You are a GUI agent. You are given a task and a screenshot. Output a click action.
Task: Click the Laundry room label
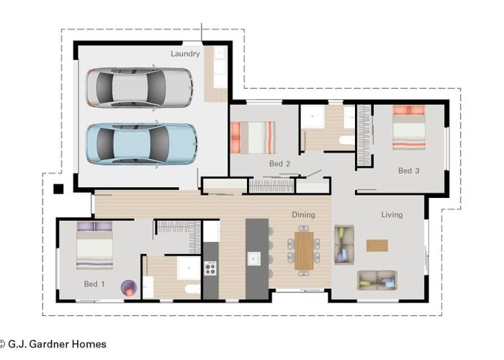click(185, 53)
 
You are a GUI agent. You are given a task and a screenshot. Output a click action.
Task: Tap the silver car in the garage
click(140, 87)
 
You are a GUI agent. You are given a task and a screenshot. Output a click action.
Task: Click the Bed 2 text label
click(279, 164)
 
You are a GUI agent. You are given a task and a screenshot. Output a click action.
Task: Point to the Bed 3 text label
click(408, 171)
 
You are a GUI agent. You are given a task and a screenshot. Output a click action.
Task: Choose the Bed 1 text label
click(94, 284)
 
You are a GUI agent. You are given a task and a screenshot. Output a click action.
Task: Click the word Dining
click(303, 215)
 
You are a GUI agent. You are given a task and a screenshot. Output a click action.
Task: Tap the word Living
click(392, 215)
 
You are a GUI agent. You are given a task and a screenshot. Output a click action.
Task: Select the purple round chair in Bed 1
click(127, 287)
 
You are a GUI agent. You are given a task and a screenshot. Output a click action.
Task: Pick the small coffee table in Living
click(377, 246)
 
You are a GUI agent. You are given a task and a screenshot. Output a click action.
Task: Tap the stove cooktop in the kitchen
click(210, 269)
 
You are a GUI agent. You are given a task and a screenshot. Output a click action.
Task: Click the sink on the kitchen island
click(254, 258)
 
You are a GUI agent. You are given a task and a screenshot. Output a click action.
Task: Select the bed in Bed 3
click(408, 127)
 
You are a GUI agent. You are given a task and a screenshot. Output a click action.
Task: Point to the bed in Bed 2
click(252, 137)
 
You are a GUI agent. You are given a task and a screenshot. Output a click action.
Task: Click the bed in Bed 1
click(95, 246)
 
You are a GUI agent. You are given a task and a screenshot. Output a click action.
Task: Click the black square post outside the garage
click(58, 189)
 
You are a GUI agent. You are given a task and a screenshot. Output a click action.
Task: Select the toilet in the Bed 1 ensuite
click(192, 289)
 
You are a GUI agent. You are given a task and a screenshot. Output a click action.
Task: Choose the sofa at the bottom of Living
click(377, 280)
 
